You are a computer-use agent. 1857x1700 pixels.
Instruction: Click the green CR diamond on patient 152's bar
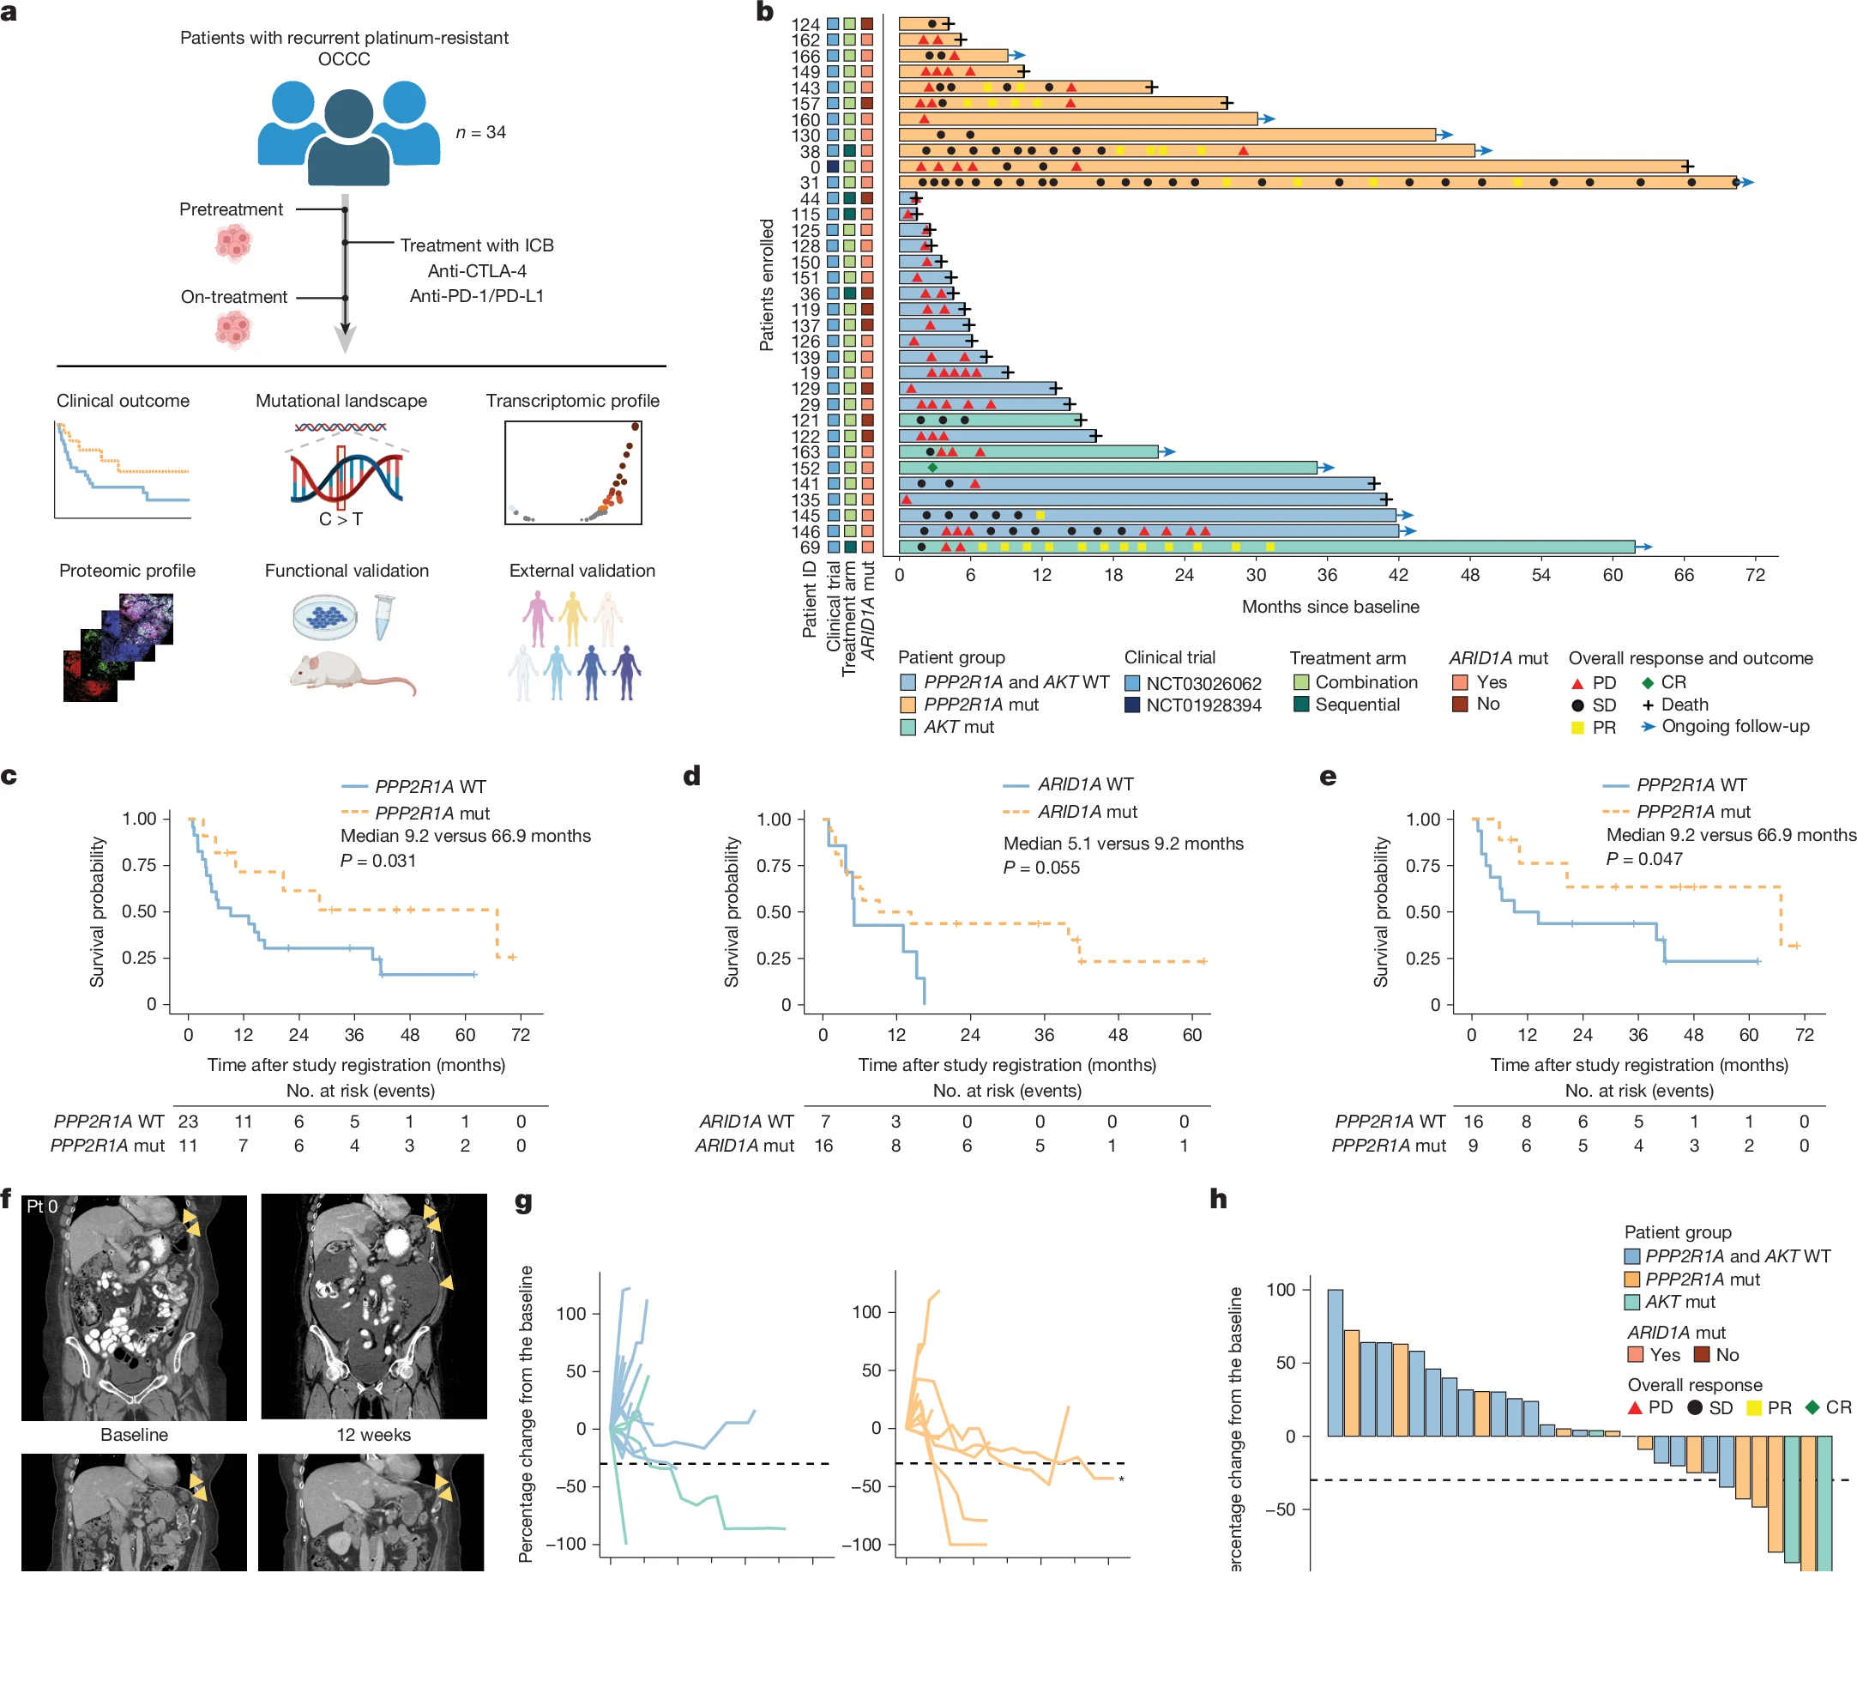pos(932,468)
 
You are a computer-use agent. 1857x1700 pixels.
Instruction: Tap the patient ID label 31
pos(810,183)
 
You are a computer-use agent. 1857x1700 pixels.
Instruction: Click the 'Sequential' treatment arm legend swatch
pos(1301,705)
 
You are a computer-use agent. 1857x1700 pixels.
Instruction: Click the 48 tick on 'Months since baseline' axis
pos(1470,575)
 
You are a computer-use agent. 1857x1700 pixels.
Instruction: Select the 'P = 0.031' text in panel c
pos(377,861)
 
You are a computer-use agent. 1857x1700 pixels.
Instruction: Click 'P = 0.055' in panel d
pos(1041,868)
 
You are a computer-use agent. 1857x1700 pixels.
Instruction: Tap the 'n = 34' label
pos(481,133)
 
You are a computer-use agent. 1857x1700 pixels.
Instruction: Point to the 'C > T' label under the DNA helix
pos(341,520)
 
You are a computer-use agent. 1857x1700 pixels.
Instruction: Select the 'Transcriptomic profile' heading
pos(572,401)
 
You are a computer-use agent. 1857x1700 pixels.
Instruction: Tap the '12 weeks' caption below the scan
pos(373,1435)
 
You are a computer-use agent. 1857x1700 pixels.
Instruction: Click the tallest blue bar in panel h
pos(1335,1363)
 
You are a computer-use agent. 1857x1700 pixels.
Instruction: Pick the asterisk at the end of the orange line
pos(1121,1479)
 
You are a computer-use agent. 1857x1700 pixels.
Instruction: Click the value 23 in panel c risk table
pos(188,1122)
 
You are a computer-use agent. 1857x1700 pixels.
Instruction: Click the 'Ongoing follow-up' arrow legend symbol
pos(1648,727)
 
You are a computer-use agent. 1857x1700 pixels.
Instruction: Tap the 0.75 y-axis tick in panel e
pos(1423,866)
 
